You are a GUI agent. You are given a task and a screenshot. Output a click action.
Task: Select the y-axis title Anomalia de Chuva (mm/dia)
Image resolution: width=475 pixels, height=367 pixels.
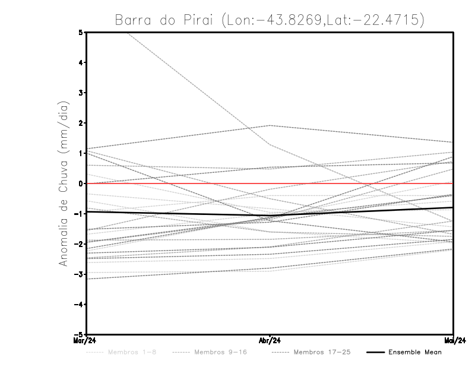(x=63, y=183)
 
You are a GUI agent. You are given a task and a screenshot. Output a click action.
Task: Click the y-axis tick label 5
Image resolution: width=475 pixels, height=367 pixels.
(x=81, y=33)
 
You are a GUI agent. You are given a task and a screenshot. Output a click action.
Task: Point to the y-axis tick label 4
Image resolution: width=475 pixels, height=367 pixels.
(x=81, y=63)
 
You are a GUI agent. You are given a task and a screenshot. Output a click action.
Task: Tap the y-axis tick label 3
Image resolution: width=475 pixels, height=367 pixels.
(x=81, y=93)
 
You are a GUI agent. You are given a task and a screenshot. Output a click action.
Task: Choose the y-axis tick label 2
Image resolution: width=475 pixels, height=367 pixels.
(x=81, y=124)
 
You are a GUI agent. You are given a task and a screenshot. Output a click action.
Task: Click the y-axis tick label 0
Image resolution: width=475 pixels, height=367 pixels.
(x=81, y=183)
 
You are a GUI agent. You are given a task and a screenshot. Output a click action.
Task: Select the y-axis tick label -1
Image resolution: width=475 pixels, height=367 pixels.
(x=80, y=214)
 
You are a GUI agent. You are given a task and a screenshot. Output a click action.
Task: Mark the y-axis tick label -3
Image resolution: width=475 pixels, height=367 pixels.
(x=80, y=274)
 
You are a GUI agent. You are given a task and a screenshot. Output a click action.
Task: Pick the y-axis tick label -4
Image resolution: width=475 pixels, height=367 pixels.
(x=80, y=305)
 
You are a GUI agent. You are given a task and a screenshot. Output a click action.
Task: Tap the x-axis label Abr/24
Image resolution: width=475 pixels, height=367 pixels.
(x=270, y=341)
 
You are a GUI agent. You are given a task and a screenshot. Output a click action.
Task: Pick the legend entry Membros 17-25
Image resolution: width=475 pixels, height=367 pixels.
(x=322, y=352)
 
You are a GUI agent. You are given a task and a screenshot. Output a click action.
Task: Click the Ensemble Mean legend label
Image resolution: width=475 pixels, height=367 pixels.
(x=415, y=352)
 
